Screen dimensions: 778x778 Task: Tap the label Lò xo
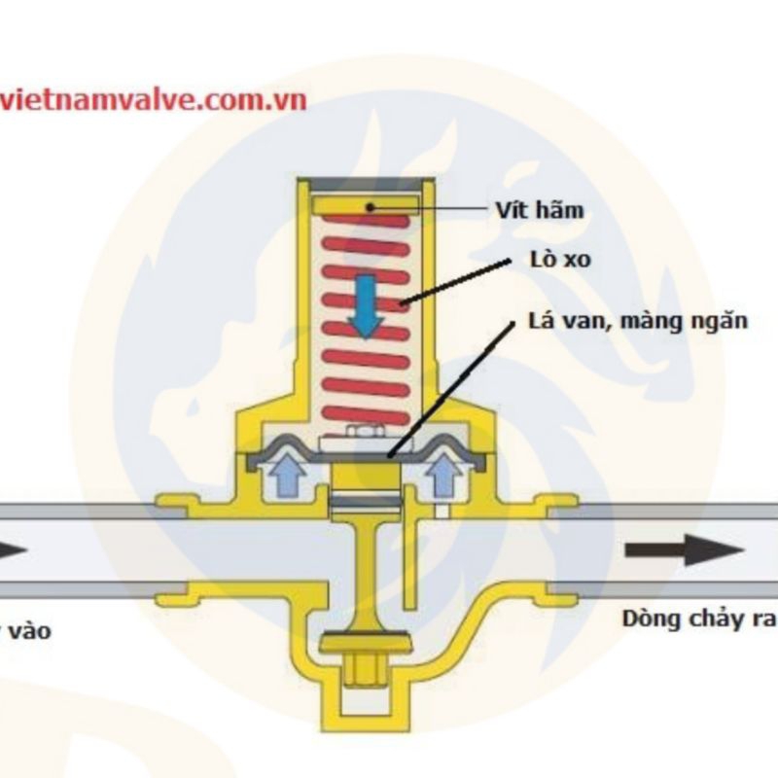[556, 261]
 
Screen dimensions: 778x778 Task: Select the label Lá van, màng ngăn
[638, 321]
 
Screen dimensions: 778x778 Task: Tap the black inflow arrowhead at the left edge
[13, 550]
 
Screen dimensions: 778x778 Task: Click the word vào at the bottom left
[29, 631]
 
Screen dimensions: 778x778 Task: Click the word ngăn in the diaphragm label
[725, 322]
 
